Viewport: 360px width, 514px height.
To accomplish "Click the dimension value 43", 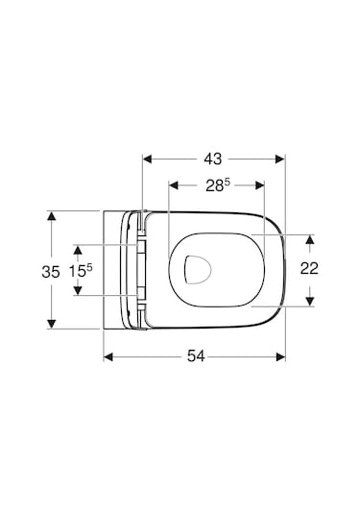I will (213, 157).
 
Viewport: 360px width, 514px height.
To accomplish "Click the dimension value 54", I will (195, 356).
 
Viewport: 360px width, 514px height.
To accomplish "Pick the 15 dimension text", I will (81, 271).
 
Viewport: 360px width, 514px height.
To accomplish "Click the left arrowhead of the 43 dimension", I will (147, 157).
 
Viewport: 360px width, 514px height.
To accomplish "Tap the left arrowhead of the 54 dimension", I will (108, 356).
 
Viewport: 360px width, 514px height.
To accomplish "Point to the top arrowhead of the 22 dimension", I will (309, 237).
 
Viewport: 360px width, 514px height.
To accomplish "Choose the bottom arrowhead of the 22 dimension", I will (309, 302).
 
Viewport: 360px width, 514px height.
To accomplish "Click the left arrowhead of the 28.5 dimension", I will (173, 184).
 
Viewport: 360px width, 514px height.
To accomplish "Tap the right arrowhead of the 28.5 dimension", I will (258, 184).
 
